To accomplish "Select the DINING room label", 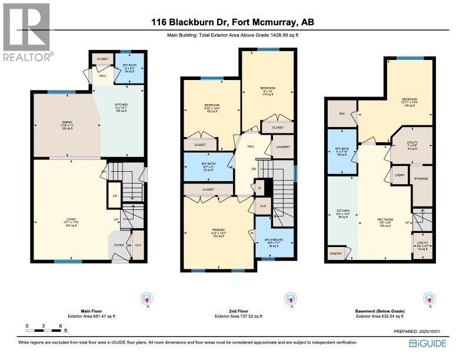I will point(66,125).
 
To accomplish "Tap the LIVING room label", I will point(71,219).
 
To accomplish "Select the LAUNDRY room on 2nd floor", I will point(282,147).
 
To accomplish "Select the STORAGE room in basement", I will point(421,178).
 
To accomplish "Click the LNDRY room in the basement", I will point(401,175).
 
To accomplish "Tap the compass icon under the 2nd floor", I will point(289,299).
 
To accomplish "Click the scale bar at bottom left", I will point(44,326).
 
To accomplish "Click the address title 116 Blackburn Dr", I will point(232,22).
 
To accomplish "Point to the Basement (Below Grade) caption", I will point(380,311).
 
